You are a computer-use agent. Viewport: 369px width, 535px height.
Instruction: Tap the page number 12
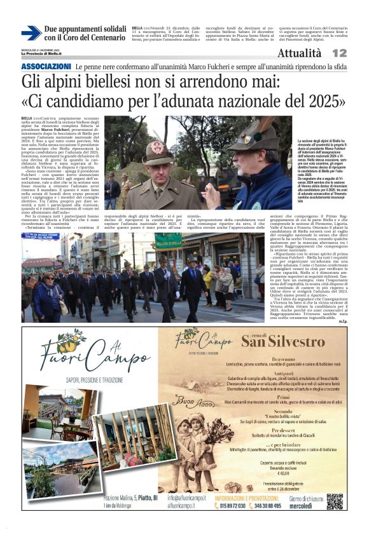coord(339,53)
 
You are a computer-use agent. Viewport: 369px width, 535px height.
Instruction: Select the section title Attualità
coord(299,53)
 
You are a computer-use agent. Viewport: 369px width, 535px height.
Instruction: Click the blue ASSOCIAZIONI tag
coord(46,67)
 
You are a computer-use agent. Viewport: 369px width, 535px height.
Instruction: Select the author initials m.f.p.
coord(343,320)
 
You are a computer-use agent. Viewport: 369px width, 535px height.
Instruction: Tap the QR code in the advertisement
coord(335,501)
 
